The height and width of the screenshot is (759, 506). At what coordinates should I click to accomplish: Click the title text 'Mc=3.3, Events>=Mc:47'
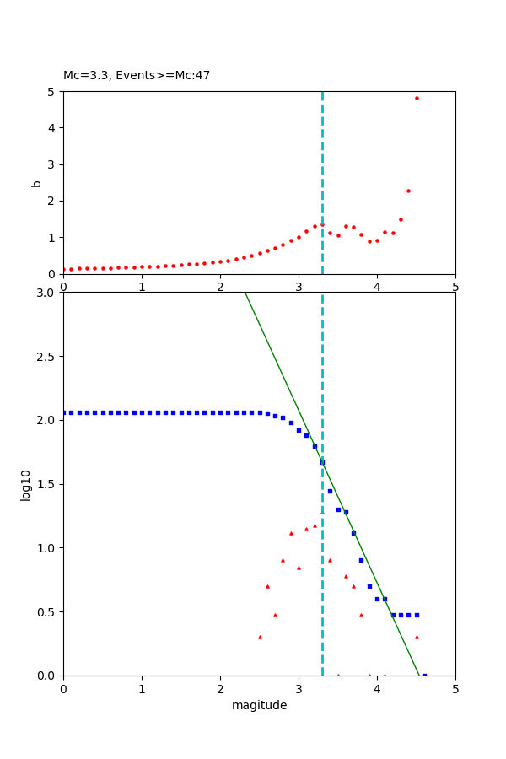pyautogui.click(x=137, y=76)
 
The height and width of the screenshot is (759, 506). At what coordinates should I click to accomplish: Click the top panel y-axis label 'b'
pyautogui.click(x=36, y=183)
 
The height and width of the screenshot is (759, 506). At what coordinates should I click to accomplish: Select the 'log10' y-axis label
pyautogui.click(x=26, y=485)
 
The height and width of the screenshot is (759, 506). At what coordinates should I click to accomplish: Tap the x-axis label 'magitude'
pyautogui.click(x=259, y=705)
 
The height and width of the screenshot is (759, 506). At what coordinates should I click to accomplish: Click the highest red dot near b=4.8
pyautogui.click(x=417, y=98)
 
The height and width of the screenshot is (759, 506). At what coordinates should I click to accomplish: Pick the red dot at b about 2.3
pyautogui.click(x=408, y=191)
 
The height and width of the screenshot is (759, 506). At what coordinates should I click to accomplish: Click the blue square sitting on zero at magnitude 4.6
pyautogui.click(x=424, y=675)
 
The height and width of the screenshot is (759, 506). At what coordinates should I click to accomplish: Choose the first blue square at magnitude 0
pyautogui.click(x=64, y=412)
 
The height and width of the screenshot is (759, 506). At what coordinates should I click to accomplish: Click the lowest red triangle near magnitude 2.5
pyautogui.click(x=260, y=637)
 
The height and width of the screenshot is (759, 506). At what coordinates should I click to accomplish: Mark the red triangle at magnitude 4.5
pyautogui.click(x=417, y=637)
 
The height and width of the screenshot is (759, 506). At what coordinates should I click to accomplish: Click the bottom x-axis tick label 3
pyautogui.click(x=299, y=688)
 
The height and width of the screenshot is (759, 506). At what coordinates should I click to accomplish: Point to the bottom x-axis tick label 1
pyautogui.click(x=142, y=688)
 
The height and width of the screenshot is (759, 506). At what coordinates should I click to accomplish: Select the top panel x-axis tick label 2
pyautogui.click(x=220, y=286)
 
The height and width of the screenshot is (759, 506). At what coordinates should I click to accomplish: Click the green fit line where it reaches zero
pyautogui.click(x=419, y=675)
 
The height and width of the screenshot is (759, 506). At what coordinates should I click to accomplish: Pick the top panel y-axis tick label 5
pyautogui.click(x=52, y=92)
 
